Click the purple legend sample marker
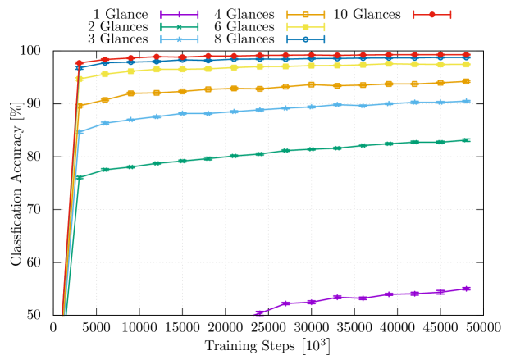tap(180, 15)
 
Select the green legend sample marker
tap(180, 27)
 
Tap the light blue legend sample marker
tap(180, 39)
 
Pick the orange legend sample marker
tap(305, 15)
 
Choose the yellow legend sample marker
tap(305, 27)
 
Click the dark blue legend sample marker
tap(305, 39)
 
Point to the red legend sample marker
tap(432, 15)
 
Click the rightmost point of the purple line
tap(466, 289)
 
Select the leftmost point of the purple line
tap(259, 312)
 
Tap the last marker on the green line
tap(466, 140)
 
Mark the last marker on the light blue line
tap(466, 101)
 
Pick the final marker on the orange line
tap(466, 81)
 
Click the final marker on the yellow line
tap(466, 64)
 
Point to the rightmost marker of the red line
tap(466, 55)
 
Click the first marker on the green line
tap(80, 177)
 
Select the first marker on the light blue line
tap(80, 131)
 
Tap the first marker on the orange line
tap(80, 106)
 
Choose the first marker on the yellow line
tap(80, 79)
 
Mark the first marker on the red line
tap(80, 63)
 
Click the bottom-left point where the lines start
tap(64, 314)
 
